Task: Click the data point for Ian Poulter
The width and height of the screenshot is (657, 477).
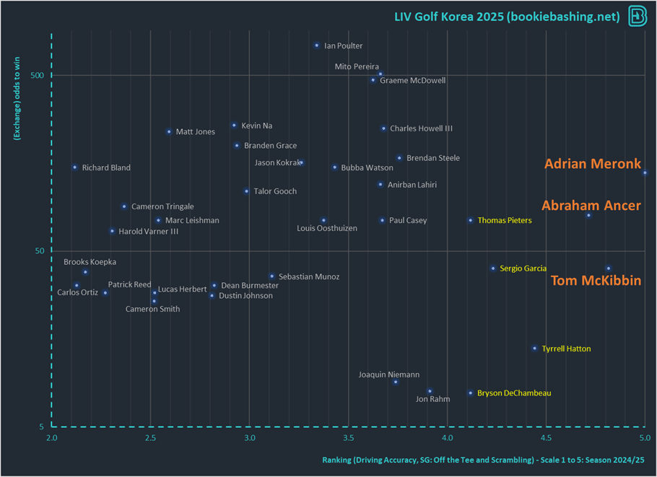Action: tap(316, 45)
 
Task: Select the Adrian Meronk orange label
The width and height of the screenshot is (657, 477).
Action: tap(592, 164)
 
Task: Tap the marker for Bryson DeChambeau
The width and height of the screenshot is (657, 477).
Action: tap(470, 393)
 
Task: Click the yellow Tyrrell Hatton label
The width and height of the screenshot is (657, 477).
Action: tap(566, 349)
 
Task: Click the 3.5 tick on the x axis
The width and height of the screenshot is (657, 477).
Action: tap(348, 438)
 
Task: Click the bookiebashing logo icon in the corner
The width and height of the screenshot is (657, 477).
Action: tap(638, 16)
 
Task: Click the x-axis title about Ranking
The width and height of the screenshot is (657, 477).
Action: tap(482, 460)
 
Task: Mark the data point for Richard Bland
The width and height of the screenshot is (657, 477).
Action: tap(74, 167)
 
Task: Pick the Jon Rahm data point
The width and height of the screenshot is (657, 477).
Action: tap(430, 391)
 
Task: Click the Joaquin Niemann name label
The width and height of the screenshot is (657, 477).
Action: tap(389, 375)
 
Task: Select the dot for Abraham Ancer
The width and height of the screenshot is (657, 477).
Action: tap(588, 215)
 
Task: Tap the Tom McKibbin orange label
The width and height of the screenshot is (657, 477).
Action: tap(596, 281)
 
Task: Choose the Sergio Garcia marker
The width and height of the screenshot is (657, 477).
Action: tap(493, 268)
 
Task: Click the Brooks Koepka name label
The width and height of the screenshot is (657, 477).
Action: tap(90, 262)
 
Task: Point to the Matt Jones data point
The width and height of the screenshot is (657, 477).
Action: tap(169, 132)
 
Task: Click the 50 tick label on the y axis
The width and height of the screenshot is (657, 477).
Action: tap(38, 251)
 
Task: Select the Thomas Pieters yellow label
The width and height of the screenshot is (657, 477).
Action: tap(504, 221)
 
